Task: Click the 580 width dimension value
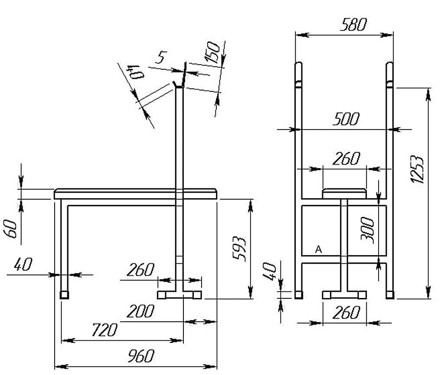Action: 353,24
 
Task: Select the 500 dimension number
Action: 346,119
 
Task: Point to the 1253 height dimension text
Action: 418,169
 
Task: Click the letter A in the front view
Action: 319,250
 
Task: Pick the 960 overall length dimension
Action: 141,356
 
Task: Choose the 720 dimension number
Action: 104,330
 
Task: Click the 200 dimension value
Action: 140,311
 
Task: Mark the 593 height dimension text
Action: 239,248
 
